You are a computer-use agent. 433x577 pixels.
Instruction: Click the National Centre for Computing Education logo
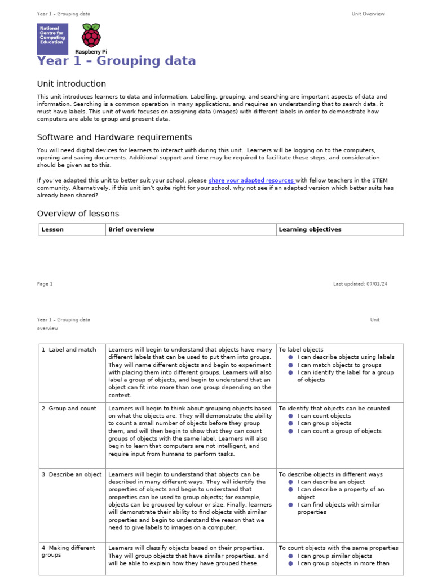[52, 38]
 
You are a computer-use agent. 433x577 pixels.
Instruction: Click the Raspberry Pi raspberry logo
[91, 35]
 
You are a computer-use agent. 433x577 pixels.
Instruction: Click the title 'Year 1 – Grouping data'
[116, 61]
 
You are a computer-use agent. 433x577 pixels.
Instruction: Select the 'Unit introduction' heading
[71, 84]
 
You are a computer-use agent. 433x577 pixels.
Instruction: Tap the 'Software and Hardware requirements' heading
[114, 137]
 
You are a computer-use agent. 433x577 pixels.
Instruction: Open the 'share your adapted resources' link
[251, 180]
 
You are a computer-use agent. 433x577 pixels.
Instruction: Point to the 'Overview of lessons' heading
[78, 214]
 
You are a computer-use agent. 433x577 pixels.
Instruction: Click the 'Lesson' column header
[52, 229]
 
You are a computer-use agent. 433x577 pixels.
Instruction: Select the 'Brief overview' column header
[131, 229]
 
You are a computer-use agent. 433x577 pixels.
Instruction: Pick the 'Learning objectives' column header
[310, 229]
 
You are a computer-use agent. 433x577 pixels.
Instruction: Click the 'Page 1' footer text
[45, 284]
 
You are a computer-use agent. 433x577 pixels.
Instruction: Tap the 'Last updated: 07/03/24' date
[360, 284]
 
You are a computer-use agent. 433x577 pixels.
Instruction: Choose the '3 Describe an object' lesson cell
[72, 474]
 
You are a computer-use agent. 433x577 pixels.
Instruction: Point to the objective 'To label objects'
[301, 350]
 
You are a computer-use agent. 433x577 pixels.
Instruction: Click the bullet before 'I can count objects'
[290, 416]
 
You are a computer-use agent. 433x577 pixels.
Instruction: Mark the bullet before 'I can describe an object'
[290, 482]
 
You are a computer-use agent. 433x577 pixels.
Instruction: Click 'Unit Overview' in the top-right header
[368, 14]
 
